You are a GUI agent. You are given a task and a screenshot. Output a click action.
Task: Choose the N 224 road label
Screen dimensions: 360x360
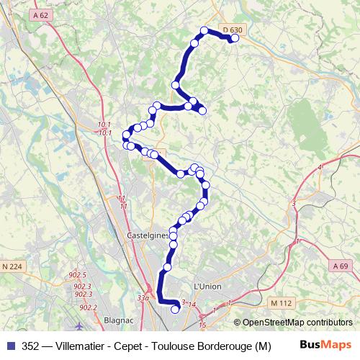pyautogui.click(x=12, y=266)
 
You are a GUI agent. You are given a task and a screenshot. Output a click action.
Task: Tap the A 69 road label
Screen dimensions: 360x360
pyautogui.click(x=342, y=266)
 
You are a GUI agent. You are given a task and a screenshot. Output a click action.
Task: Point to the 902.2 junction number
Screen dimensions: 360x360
pyautogui.click(x=88, y=307)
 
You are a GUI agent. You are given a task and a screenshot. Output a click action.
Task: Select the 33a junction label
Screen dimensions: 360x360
pyautogui.click(x=144, y=297)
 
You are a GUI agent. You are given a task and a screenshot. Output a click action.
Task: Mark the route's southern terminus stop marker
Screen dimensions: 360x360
pyautogui.click(x=175, y=310)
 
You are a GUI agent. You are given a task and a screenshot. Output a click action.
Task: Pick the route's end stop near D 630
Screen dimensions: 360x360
pyautogui.click(x=234, y=39)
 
